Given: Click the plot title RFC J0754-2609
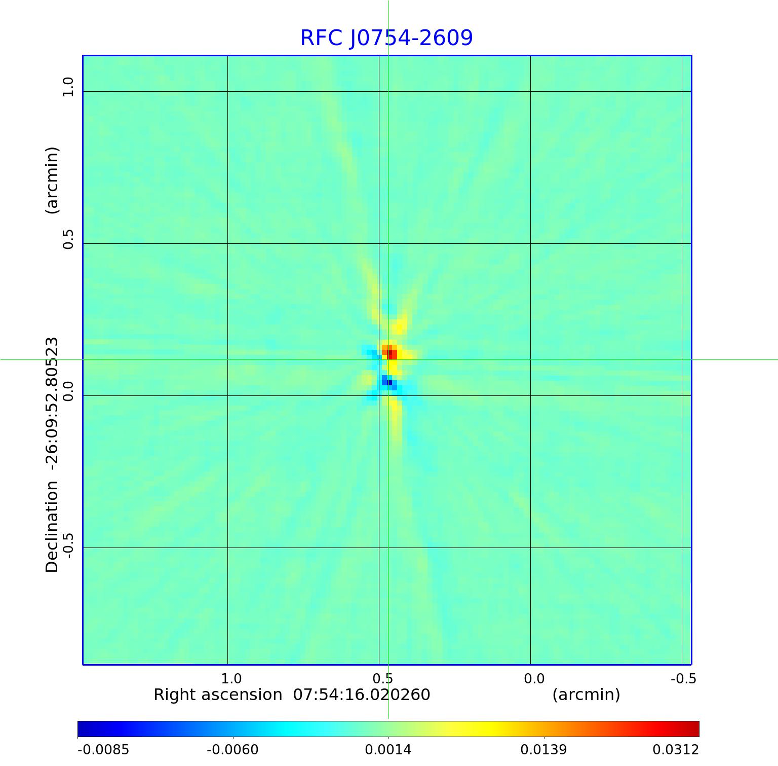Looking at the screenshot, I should pyautogui.click(x=386, y=38).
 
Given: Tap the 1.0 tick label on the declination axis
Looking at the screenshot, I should pyautogui.click(x=68, y=87).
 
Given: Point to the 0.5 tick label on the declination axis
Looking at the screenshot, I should pyautogui.click(x=68, y=239).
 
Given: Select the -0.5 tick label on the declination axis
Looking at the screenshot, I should pyautogui.click(x=68, y=544).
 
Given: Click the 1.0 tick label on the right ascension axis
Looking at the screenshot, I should pyautogui.click(x=231, y=679).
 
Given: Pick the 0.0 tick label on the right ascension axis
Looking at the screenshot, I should pyautogui.click(x=534, y=679).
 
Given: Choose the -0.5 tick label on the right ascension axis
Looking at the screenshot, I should pyautogui.click(x=683, y=679).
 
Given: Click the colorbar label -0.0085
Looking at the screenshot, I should pyautogui.click(x=103, y=749).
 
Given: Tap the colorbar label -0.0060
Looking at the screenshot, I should pyautogui.click(x=232, y=749).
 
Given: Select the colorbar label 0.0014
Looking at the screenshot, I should pyautogui.click(x=388, y=749).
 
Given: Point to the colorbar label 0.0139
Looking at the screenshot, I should pyautogui.click(x=543, y=749).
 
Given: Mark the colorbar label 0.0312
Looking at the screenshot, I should pyautogui.click(x=675, y=749).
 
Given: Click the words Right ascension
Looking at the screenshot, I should pyautogui.click(x=218, y=695).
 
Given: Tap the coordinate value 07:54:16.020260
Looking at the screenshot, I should pyautogui.click(x=362, y=695).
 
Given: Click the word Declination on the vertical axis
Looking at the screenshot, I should pyautogui.click(x=52, y=527).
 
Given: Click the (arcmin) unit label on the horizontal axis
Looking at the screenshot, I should pyautogui.click(x=586, y=695).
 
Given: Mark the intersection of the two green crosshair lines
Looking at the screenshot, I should pyautogui.click(x=388, y=359).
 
